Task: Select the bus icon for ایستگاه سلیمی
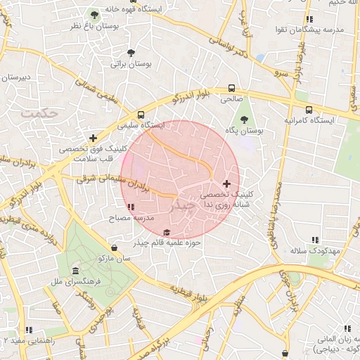click(x=141, y=115)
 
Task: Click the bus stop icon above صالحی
click(x=231, y=89)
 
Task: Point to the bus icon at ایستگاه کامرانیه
click(x=309, y=110)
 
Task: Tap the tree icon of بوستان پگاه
click(x=244, y=120)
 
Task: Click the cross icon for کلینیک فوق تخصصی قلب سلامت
click(x=93, y=138)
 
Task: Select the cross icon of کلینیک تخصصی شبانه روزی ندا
click(x=226, y=183)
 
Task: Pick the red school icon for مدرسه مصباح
click(x=131, y=207)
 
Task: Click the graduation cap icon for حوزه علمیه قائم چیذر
click(x=167, y=233)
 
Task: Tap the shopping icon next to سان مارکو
click(x=115, y=247)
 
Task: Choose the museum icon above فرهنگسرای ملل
click(x=77, y=272)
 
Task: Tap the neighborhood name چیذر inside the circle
click(x=181, y=206)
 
